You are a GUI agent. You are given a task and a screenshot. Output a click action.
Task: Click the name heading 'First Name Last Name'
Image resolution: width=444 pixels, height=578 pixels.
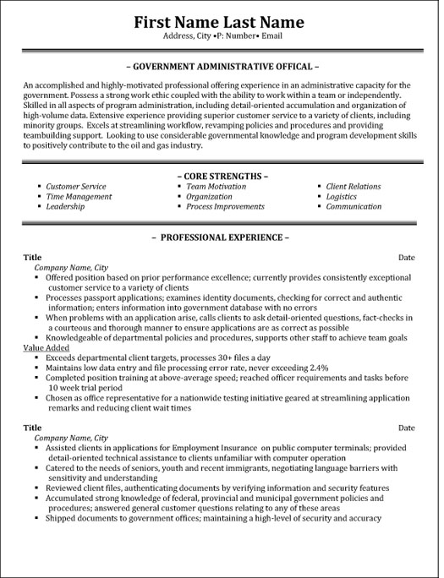pos(222,19)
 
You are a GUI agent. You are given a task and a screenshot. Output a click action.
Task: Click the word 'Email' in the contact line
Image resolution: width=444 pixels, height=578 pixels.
pos(293,38)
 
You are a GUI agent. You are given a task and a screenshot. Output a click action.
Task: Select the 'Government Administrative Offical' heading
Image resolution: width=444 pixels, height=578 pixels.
pos(222,65)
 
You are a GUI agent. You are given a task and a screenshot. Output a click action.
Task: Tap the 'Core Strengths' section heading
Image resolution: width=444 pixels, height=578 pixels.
pos(222,175)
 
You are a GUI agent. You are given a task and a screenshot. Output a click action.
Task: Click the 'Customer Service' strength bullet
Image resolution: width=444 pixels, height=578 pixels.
pos(76,186)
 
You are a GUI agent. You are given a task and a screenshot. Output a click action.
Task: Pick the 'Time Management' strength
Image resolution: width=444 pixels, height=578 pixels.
pos(79,196)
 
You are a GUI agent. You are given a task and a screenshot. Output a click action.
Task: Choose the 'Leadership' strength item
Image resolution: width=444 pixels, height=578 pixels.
pos(66,206)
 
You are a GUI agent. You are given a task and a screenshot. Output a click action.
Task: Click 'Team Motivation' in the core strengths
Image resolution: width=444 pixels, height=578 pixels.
pos(217,186)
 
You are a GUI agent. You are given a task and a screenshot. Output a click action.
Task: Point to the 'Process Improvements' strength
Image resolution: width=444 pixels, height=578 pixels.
pos(225,206)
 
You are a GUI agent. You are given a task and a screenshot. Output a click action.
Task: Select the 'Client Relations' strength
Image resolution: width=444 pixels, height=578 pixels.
pos(354,186)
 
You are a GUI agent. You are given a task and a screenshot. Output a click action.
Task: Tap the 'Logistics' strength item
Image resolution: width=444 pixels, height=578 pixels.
pos(341,196)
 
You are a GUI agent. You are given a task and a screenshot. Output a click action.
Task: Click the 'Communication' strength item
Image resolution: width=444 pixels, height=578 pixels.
pos(354,206)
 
